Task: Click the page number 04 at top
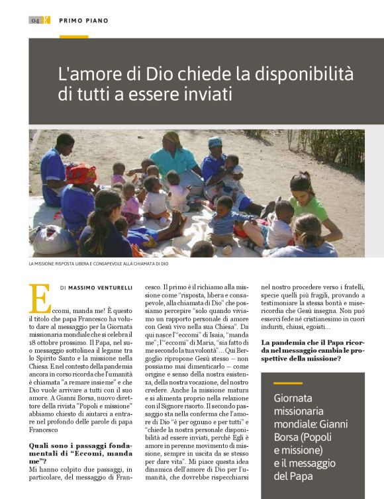click(35, 21)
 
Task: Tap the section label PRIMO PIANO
click(83, 21)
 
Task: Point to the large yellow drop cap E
click(40, 299)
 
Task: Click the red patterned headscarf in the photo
click(81, 175)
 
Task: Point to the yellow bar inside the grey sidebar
click(287, 383)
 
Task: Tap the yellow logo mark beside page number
click(46, 21)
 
